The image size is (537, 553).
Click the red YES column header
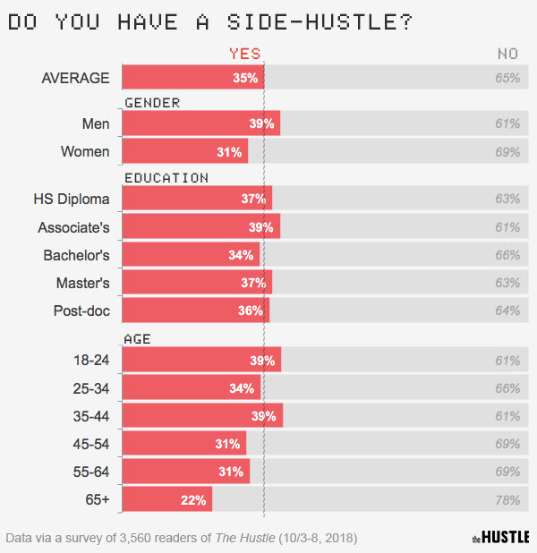(x=245, y=54)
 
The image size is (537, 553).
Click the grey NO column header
(x=507, y=54)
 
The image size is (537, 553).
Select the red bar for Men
(x=200, y=123)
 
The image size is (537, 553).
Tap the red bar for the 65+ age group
(x=166, y=499)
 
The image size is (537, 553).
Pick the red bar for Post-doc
(x=195, y=311)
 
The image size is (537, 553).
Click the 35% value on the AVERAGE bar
(x=245, y=78)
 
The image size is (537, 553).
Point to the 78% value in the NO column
(x=507, y=499)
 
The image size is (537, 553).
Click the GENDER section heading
(x=152, y=102)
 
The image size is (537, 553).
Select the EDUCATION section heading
(x=166, y=177)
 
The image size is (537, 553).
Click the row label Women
(x=85, y=151)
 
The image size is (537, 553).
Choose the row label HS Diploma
(x=72, y=199)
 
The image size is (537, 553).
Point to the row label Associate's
(x=73, y=226)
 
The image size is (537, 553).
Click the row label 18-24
(x=91, y=360)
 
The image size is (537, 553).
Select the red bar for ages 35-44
(x=202, y=415)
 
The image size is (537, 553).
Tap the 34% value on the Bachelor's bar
(x=241, y=255)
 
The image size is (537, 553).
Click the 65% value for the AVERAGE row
(x=507, y=78)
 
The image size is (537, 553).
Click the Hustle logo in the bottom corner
(x=500, y=537)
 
